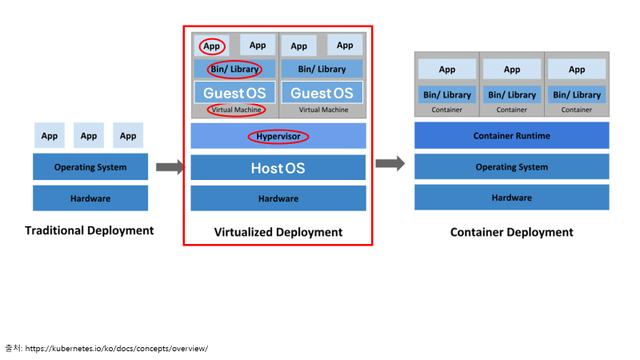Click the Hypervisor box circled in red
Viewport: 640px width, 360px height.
[278, 136]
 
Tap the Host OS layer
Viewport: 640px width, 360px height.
[278, 167]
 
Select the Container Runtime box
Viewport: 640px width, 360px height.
[512, 135]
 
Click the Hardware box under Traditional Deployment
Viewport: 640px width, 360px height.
[90, 198]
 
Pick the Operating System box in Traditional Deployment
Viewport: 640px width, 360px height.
[90, 166]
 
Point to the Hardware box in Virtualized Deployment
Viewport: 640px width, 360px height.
[278, 198]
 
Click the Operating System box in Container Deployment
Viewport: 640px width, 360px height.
[512, 166]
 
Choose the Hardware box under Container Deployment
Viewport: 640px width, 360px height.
[512, 198]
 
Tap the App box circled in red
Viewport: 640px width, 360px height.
[211, 46]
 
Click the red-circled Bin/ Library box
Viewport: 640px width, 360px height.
[234, 69]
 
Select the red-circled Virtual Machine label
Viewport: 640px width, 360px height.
[236, 110]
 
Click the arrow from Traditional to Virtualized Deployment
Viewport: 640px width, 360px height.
[170, 167]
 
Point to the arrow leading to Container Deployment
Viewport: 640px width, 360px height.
[390, 164]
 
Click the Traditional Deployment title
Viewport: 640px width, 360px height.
[90, 230]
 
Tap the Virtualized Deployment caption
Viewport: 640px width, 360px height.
[278, 232]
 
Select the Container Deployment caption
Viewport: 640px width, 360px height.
[512, 232]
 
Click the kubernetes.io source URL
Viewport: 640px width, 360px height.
[117, 349]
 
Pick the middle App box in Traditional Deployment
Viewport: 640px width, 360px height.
[89, 135]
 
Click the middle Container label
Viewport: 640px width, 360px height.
[512, 110]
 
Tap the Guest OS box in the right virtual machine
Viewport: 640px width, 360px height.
[322, 93]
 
